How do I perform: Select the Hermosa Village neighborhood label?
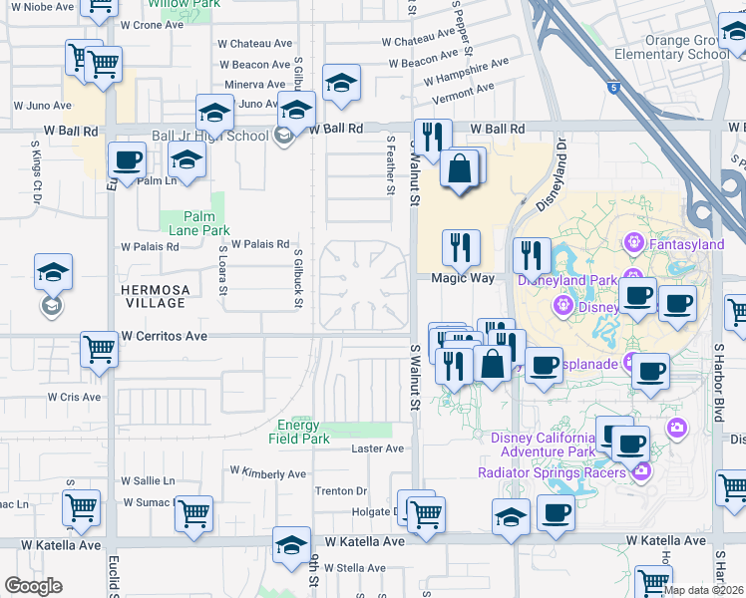click(154, 296)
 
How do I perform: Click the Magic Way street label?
click(462, 279)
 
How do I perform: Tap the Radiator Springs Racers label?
click(564, 472)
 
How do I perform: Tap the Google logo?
click(33, 586)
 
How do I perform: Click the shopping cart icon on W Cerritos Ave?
click(100, 349)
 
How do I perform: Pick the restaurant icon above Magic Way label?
click(461, 247)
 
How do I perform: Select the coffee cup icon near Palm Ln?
click(127, 159)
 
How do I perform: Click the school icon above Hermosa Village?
click(54, 272)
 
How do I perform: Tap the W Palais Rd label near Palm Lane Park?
click(260, 244)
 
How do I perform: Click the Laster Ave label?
click(378, 449)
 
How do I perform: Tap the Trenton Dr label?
click(341, 491)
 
